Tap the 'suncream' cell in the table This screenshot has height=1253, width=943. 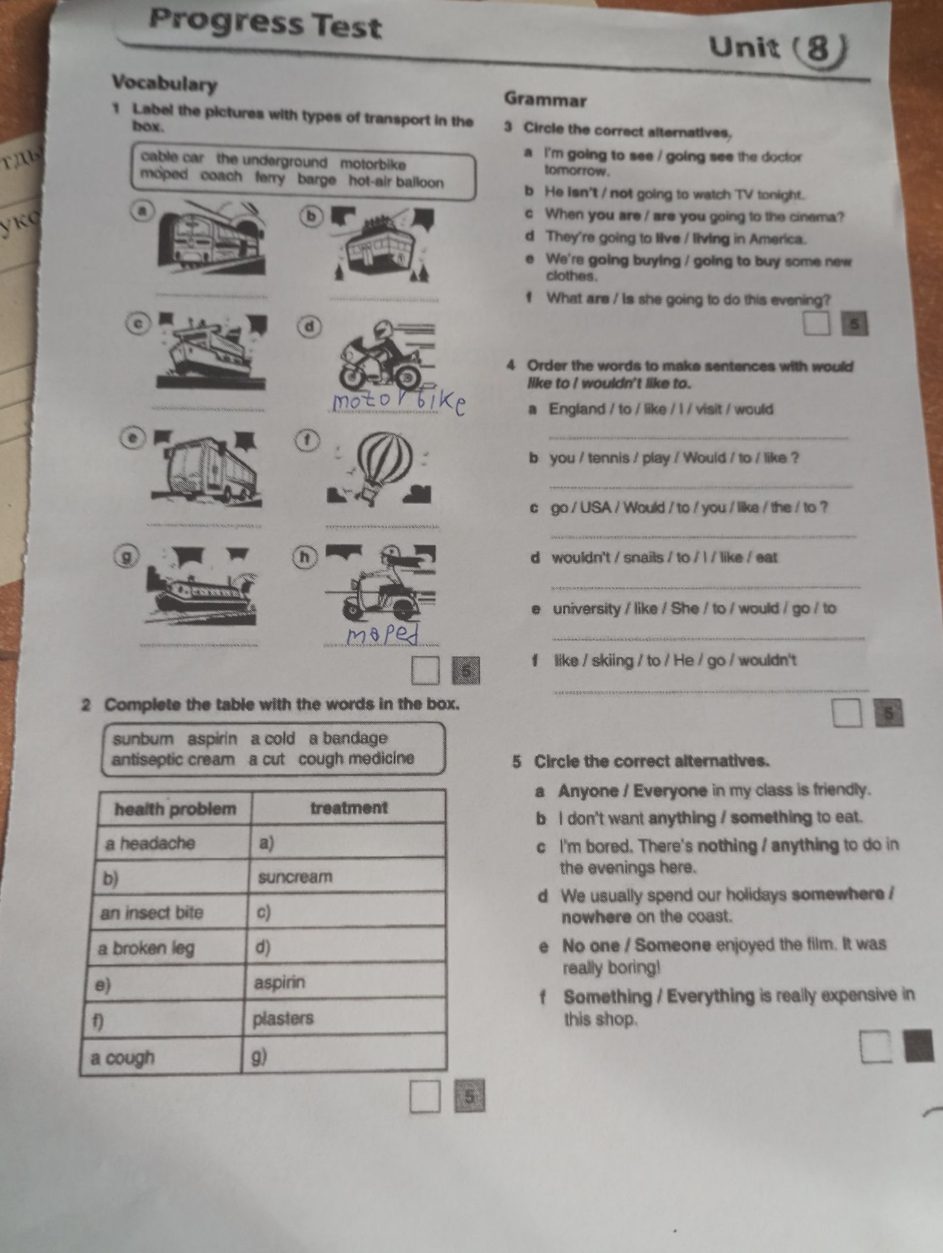coord(347,876)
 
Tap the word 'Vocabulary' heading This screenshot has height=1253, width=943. coord(164,84)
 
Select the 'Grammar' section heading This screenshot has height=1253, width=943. coord(546,101)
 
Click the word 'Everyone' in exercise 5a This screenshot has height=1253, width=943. coord(670,792)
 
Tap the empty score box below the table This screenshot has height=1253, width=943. coord(425,1097)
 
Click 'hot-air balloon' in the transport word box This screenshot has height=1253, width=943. coord(396,182)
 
